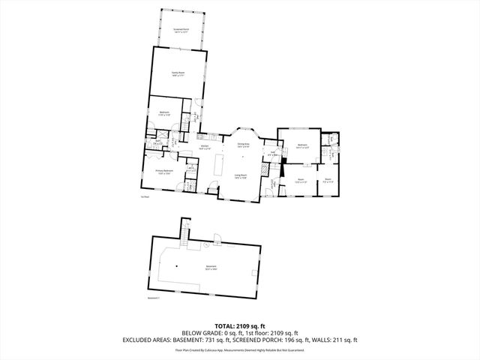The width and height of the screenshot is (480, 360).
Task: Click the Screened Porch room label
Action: [x=181, y=29]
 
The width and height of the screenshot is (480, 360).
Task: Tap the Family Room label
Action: [x=178, y=73]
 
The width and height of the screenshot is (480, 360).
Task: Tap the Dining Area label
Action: [x=243, y=145]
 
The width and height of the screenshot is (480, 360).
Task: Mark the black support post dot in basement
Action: [x=177, y=265]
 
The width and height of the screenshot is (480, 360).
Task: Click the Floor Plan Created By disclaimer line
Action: [x=240, y=349]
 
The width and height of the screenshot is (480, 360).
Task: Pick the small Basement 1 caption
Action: [x=153, y=298]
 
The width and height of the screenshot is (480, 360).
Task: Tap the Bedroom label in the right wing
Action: [x=303, y=146]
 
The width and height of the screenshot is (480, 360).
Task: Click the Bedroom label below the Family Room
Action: [x=163, y=113]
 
